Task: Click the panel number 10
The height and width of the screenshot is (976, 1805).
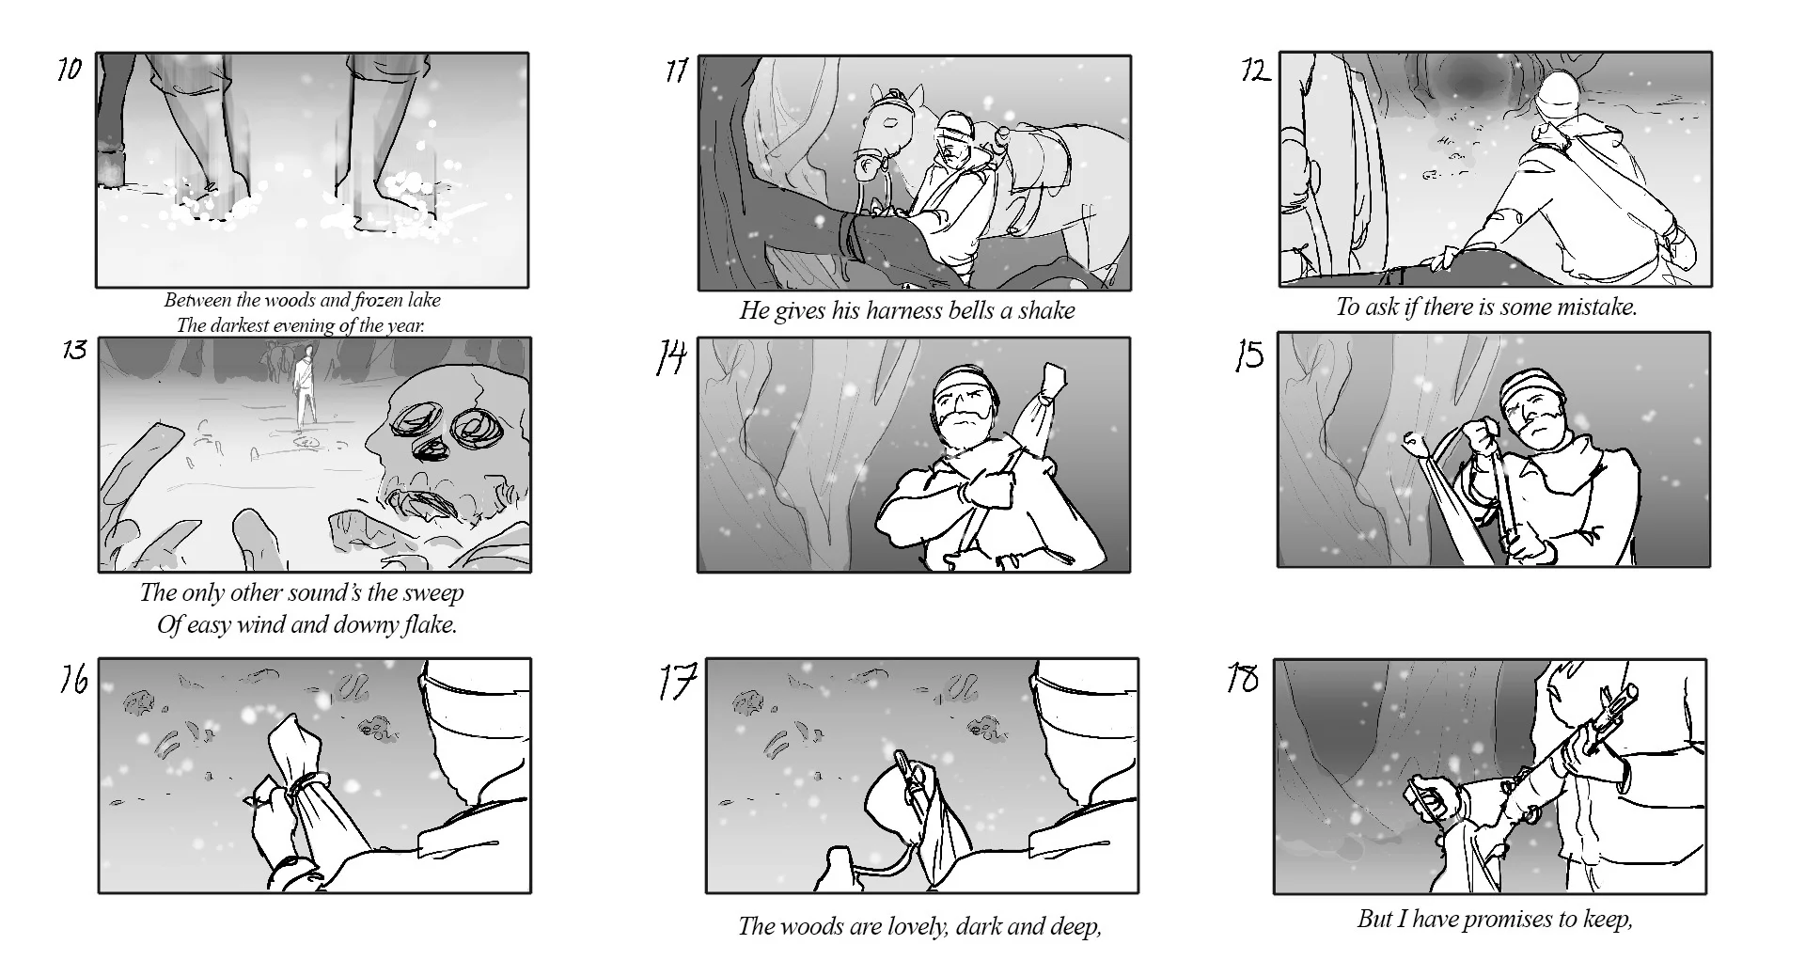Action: click(x=70, y=70)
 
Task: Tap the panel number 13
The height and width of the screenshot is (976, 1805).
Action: click(x=74, y=351)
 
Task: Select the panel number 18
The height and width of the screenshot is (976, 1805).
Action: click(x=1243, y=678)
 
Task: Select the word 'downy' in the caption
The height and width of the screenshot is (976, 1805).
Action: click(x=355, y=625)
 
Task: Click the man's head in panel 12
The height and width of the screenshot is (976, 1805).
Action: click(x=1558, y=99)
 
